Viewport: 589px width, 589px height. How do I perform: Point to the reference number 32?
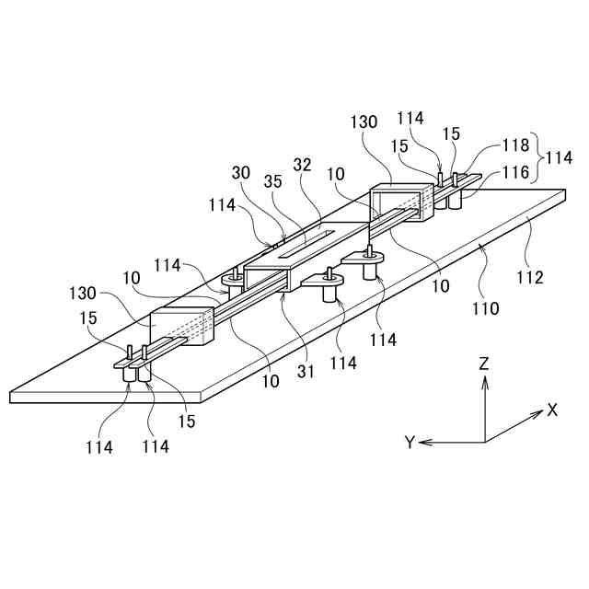(x=303, y=166)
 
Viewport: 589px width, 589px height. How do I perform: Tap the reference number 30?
(x=242, y=173)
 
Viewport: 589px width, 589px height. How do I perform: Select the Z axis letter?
(x=483, y=364)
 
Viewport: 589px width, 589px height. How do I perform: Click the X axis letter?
(x=552, y=410)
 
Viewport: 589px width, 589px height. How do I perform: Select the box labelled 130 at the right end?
(x=400, y=202)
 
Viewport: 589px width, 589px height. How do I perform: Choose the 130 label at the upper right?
(x=364, y=121)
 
